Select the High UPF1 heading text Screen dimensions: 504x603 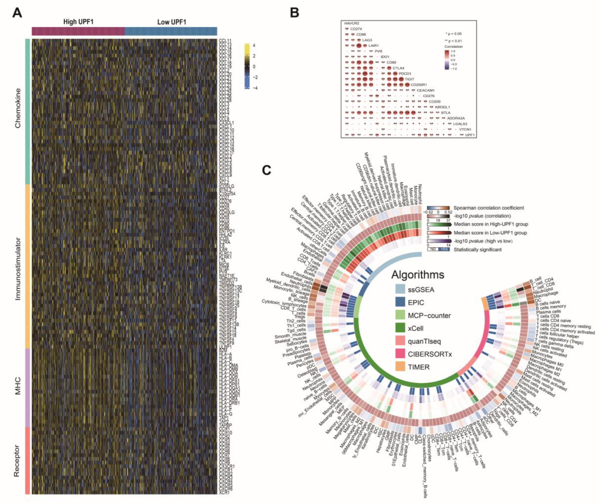(78, 22)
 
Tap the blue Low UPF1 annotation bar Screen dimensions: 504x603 (171, 31)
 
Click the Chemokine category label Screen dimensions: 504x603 (18, 108)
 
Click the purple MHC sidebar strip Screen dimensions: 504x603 (28, 388)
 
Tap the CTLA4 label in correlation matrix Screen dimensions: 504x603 (399, 68)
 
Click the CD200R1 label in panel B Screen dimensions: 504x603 (419, 85)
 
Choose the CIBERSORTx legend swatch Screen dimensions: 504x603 (400, 354)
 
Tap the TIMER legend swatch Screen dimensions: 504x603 (400, 367)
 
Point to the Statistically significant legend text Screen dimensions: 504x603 (477, 249)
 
